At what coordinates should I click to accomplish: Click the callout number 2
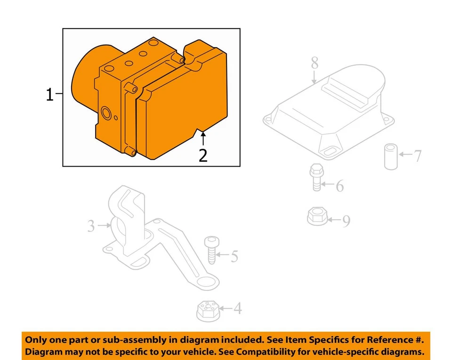pyautogui.click(x=203, y=155)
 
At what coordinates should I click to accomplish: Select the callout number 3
pyautogui.click(x=91, y=226)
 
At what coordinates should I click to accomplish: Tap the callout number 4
pyautogui.click(x=238, y=309)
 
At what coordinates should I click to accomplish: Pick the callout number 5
pyautogui.click(x=234, y=256)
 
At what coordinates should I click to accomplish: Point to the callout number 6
pyautogui.click(x=339, y=186)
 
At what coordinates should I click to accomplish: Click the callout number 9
pyautogui.click(x=346, y=221)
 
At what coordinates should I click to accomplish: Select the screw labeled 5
pyautogui.click(x=210, y=249)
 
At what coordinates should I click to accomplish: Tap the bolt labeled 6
pyautogui.click(x=316, y=177)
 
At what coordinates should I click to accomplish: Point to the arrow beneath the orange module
pyautogui.click(x=203, y=138)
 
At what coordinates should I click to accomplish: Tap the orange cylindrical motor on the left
pyautogui.click(x=84, y=75)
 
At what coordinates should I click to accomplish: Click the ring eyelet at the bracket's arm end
pyautogui.click(x=207, y=284)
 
